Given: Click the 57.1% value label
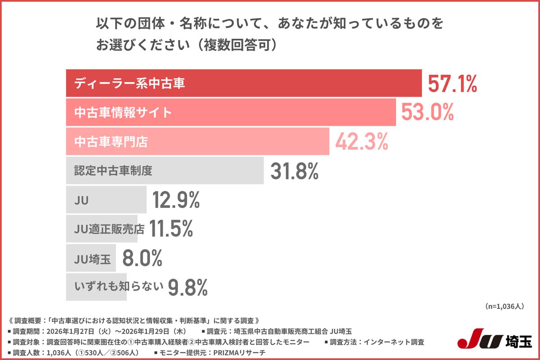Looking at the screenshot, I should [x=452, y=84].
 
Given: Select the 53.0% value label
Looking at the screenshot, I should [x=427, y=112].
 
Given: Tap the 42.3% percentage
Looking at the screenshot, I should [x=361, y=142].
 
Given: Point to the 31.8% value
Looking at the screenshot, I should [x=294, y=171].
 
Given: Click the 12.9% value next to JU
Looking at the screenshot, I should [x=175, y=200].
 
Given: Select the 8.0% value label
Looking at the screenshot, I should [x=142, y=258].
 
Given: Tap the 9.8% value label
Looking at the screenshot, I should [x=188, y=287].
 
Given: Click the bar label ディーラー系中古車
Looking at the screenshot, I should [x=130, y=84].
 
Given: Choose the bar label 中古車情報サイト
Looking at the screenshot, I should [x=123, y=112].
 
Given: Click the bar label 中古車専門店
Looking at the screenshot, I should [x=111, y=142].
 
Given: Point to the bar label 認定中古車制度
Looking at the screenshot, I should [x=113, y=171].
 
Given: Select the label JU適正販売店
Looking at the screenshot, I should [x=109, y=229].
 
